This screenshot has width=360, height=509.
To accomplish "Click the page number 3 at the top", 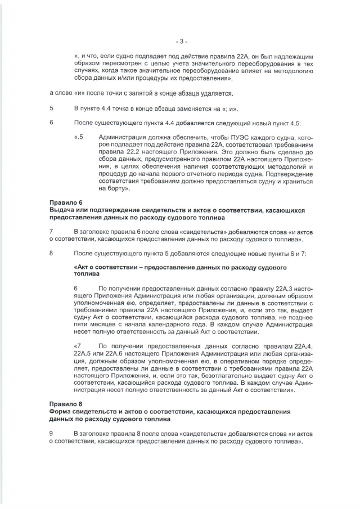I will click(x=180, y=41).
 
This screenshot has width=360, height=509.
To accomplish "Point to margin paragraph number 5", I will click(x=52, y=108).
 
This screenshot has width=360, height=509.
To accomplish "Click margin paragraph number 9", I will click(x=52, y=434).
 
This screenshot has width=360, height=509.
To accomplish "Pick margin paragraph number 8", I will click(x=52, y=253).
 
